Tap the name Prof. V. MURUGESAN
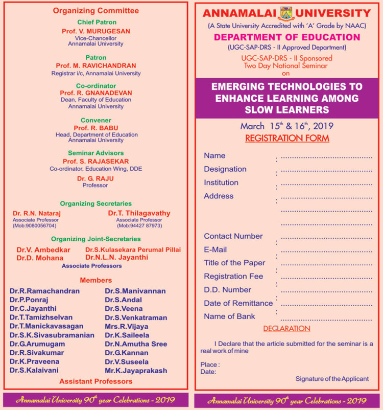[x=95, y=31]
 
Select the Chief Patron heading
[x=97, y=22]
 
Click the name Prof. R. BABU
[x=96, y=128]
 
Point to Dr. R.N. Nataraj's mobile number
[x=35, y=225]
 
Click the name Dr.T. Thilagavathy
[x=139, y=213]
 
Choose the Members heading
[x=95, y=280]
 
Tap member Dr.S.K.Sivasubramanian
[x=52, y=335]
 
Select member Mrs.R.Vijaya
[x=126, y=326]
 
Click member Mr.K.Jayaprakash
[x=136, y=370]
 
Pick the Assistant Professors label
[x=95, y=381]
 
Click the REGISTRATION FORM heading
[x=287, y=139]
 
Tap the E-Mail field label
[x=216, y=249]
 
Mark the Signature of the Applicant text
[x=332, y=379]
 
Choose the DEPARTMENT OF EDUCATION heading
[x=287, y=37]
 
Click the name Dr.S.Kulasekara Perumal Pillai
[x=129, y=249]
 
